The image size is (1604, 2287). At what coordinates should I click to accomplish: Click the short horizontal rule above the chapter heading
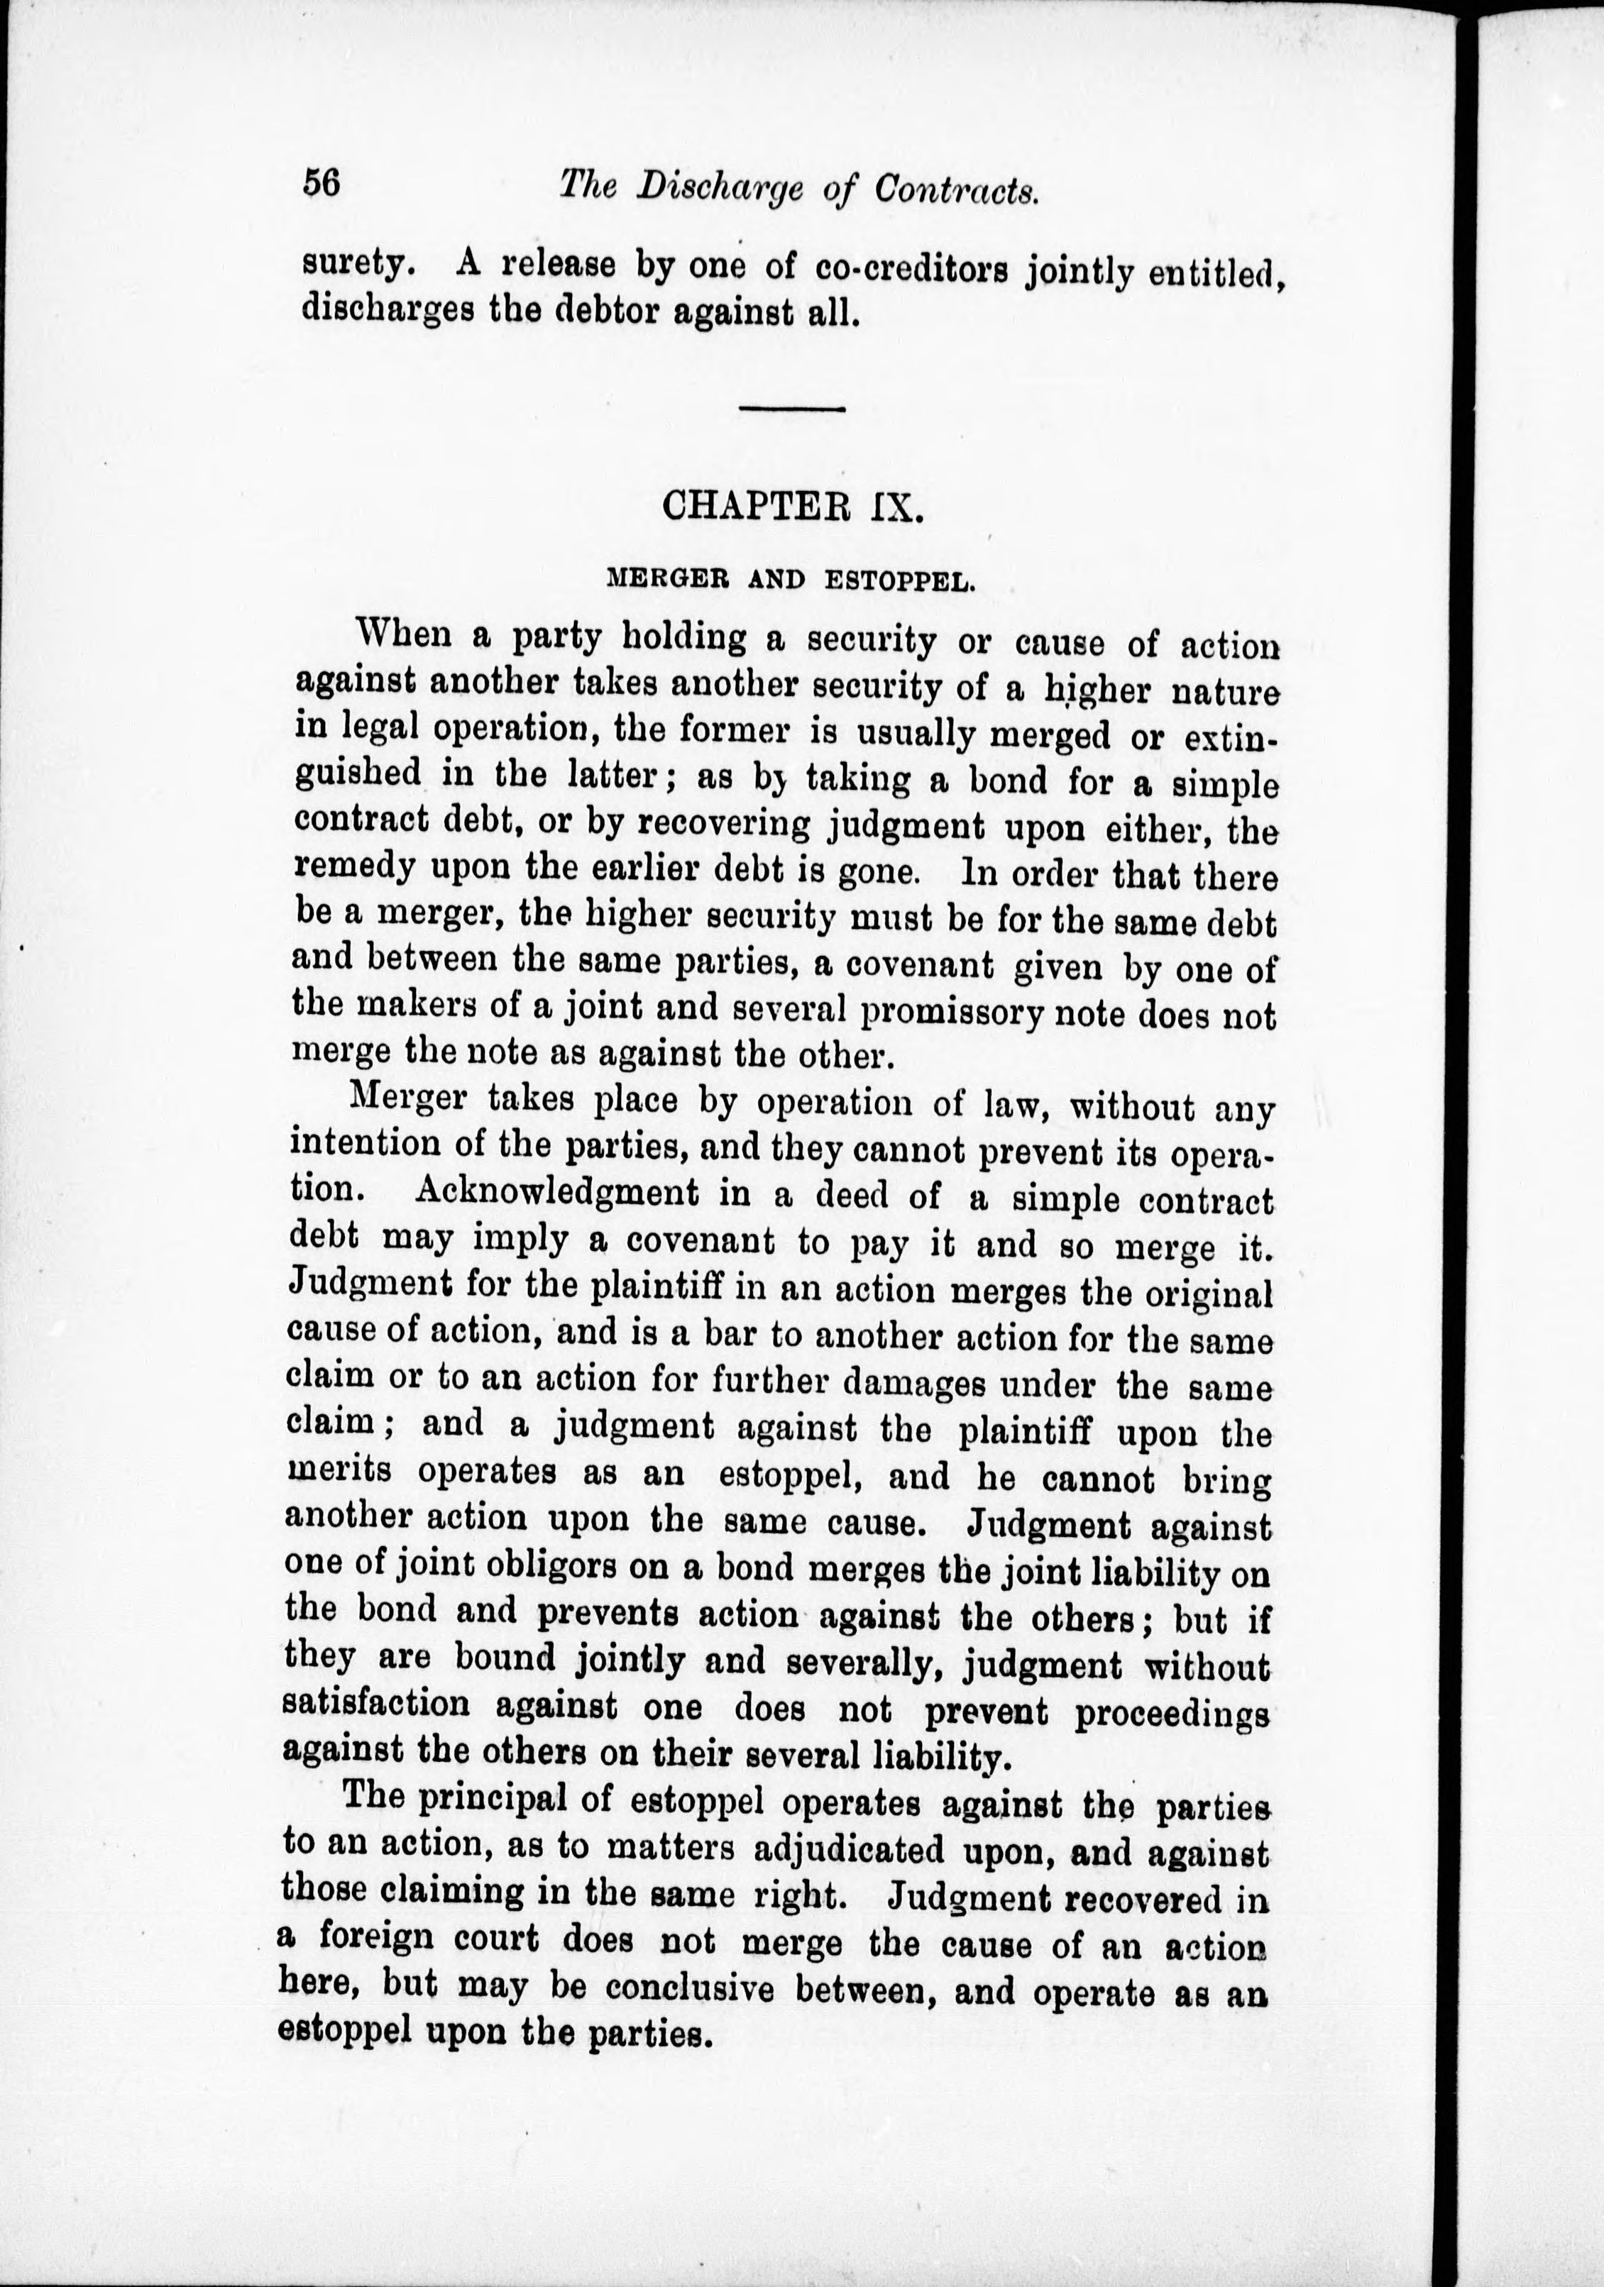click(791, 409)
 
